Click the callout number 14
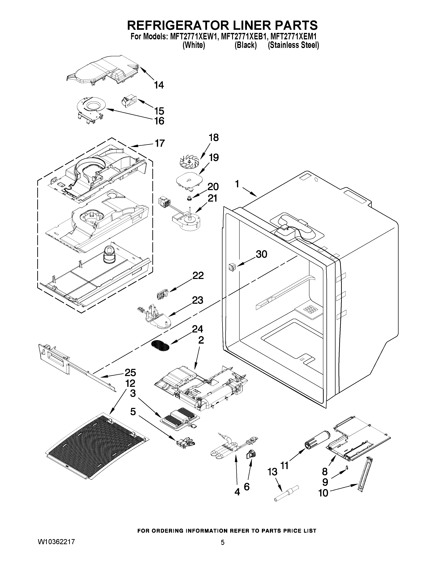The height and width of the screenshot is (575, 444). pos(159,85)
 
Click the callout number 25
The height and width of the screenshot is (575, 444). pos(130,373)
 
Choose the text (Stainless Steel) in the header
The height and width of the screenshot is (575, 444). pos(293,45)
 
